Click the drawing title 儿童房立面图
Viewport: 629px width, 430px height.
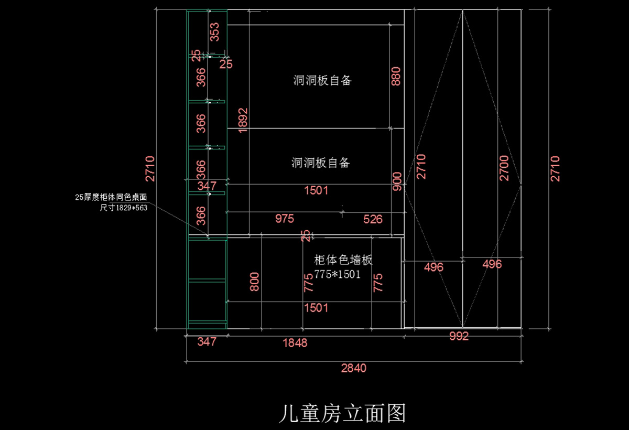click(x=342, y=414)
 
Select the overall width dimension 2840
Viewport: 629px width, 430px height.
click(x=354, y=368)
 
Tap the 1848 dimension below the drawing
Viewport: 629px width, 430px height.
click(x=295, y=343)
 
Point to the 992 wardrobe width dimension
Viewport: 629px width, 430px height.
click(x=459, y=337)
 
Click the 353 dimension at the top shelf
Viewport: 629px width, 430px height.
click(x=214, y=32)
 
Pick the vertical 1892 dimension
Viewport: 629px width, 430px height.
click(x=242, y=120)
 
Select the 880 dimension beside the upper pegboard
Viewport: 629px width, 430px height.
click(x=396, y=76)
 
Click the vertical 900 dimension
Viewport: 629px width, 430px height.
click(x=397, y=181)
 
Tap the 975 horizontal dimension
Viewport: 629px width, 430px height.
click(x=285, y=219)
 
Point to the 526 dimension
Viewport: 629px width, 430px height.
click(x=373, y=219)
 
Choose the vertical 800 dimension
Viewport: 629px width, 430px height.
click(x=255, y=282)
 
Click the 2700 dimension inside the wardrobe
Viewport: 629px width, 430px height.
click(x=504, y=168)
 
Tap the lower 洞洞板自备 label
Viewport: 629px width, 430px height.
click(x=320, y=163)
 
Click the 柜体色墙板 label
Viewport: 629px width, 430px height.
click(x=343, y=260)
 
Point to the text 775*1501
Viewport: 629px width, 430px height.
click(x=338, y=274)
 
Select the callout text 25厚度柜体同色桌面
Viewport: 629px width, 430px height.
click(x=111, y=197)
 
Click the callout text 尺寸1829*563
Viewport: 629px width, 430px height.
click(x=123, y=207)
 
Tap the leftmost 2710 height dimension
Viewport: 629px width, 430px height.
click(x=150, y=168)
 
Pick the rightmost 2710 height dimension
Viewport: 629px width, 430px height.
click(x=555, y=168)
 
